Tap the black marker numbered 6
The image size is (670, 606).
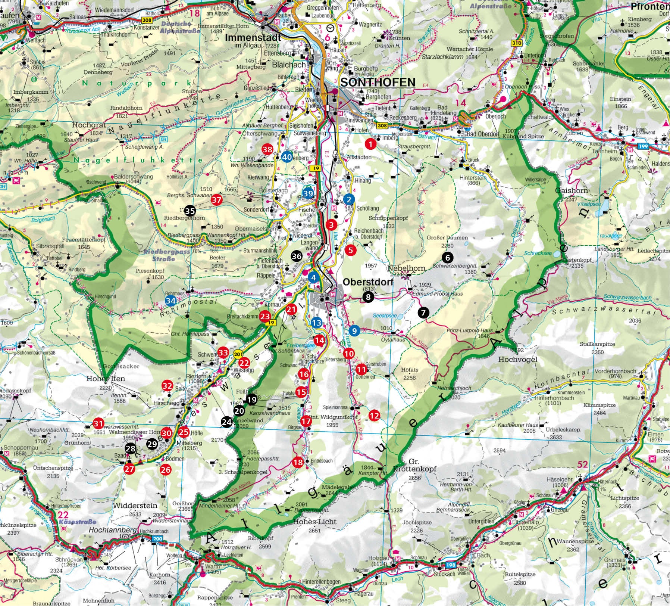[447, 257]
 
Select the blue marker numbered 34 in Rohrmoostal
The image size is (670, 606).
[171, 300]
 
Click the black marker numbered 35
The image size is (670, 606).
[190, 211]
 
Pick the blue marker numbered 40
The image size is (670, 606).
[287, 157]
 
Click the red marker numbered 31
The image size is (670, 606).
[98, 423]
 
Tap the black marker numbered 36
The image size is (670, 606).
[297, 256]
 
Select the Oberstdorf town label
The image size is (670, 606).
[366, 282]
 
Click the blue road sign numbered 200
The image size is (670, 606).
[157, 538]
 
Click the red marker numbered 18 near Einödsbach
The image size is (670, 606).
[298, 462]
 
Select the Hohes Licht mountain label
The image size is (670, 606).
[315, 522]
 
